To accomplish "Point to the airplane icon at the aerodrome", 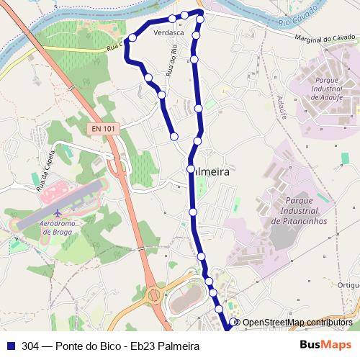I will pyautogui.click(x=57, y=214).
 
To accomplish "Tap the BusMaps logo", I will pyautogui.click(x=326, y=346).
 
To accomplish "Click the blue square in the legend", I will pyautogui.click(x=9, y=346).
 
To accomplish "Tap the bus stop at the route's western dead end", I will pyautogui.click(x=174, y=136).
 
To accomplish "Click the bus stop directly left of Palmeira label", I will pyautogui.click(x=190, y=169).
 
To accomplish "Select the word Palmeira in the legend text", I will pyautogui.click(x=179, y=346).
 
